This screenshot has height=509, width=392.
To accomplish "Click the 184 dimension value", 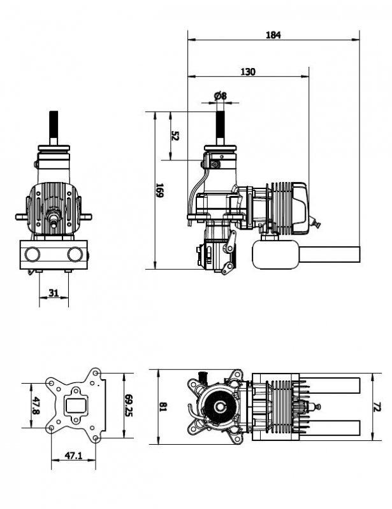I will coord(273,35).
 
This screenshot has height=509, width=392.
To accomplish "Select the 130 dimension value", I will coord(248,72).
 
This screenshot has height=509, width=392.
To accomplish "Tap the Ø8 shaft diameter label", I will coord(221,95).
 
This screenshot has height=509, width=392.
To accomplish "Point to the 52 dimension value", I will coord(175,136).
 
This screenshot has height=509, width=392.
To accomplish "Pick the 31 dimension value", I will coord(54,293).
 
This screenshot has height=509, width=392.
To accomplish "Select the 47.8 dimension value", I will coord(36,406).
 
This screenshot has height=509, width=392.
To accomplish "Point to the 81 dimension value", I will coord(164,407).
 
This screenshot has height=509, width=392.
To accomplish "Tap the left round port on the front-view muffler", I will coord(33,254).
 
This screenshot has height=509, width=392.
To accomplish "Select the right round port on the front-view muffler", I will coord(75,254).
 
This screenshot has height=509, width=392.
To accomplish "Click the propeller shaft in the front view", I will coord(54,127).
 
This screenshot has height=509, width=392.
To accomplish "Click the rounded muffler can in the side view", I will coord(275,254).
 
